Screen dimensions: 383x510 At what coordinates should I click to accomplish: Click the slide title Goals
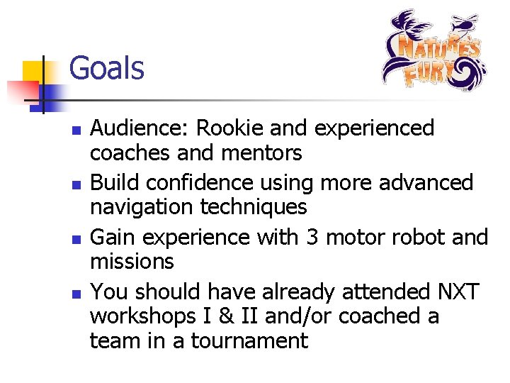tap(106, 70)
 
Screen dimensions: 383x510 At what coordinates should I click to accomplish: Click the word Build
tap(111, 182)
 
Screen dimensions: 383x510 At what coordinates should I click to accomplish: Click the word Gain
tap(111, 236)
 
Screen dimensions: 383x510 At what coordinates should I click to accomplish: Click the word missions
tap(132, 261)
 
